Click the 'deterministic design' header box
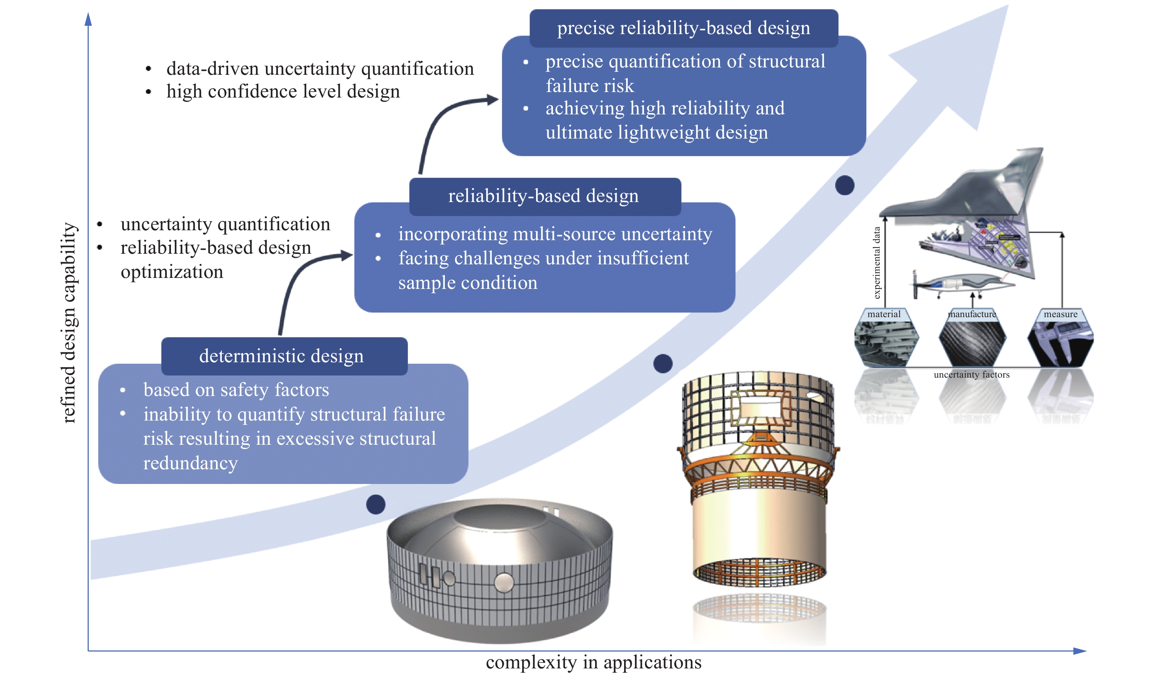pos(284,356)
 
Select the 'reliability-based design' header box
pos(544,196)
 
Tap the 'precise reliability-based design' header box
pos(683,28)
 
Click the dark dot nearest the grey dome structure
pos(376,505)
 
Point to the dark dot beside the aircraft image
pos(845,186)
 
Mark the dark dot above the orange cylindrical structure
pos(663,364)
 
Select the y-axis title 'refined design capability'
pos(69,323)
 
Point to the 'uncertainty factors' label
pos(972,375)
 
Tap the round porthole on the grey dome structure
pos(504,583)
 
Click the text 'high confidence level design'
pos(283,92)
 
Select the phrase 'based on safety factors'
pos(236,390)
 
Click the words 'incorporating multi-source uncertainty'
pos(554,234)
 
